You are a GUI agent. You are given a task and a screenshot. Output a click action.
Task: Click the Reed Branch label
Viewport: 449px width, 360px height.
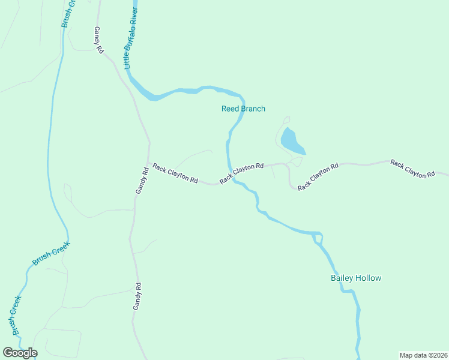243,109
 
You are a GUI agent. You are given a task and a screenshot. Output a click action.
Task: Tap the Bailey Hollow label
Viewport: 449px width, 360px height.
356,278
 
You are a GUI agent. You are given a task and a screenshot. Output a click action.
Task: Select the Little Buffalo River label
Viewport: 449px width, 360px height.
130,37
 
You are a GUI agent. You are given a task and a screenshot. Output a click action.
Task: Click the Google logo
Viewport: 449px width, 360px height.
20,353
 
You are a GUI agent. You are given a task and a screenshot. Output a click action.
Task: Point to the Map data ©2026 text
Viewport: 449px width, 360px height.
423,355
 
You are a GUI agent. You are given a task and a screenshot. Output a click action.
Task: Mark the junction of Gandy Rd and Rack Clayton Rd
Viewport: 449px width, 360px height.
149,163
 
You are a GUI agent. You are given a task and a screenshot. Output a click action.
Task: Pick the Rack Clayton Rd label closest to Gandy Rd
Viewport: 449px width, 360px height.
175,173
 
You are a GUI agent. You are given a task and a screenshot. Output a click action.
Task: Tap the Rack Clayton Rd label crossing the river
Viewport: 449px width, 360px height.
242,173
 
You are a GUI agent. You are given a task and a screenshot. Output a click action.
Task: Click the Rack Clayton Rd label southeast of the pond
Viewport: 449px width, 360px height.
318,176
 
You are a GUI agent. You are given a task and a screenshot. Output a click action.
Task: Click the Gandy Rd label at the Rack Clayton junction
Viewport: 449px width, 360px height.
141,180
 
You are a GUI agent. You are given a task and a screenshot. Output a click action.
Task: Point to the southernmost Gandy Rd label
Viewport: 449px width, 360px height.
137,296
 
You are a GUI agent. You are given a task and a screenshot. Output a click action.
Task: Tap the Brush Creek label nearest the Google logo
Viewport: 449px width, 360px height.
15,314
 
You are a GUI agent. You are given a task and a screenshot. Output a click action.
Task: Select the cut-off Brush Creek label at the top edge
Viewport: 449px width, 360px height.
68,12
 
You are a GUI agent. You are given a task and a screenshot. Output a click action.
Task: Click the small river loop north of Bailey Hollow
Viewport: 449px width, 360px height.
318,238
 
